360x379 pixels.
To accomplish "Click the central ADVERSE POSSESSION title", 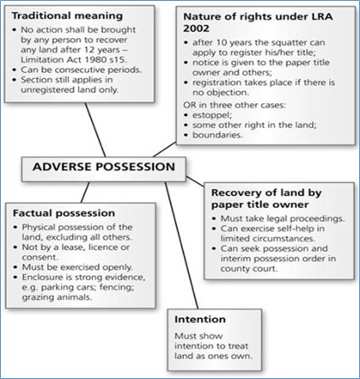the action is point(104,167).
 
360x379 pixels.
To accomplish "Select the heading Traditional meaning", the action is point(67,15).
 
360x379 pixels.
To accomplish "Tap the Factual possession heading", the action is point(64,213).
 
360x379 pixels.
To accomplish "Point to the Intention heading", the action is point(200,319).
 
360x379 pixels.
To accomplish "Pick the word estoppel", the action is point(212,115).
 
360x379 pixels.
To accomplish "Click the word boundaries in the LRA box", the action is point(217,135).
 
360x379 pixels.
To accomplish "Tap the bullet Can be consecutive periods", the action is point(82,70).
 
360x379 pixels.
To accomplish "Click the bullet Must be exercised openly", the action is point(77,267).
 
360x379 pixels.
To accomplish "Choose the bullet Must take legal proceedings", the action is point(283,218).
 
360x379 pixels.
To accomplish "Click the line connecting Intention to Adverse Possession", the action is point(181,245).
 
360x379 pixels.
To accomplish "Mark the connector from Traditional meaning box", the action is point(95,130).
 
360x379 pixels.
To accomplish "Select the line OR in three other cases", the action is point(235,105).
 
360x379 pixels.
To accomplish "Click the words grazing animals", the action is point(58,297).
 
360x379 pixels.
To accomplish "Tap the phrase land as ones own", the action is point(214,356).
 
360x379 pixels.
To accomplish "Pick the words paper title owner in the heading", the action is point(259,205).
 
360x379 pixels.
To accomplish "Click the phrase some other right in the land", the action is point(254,125).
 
